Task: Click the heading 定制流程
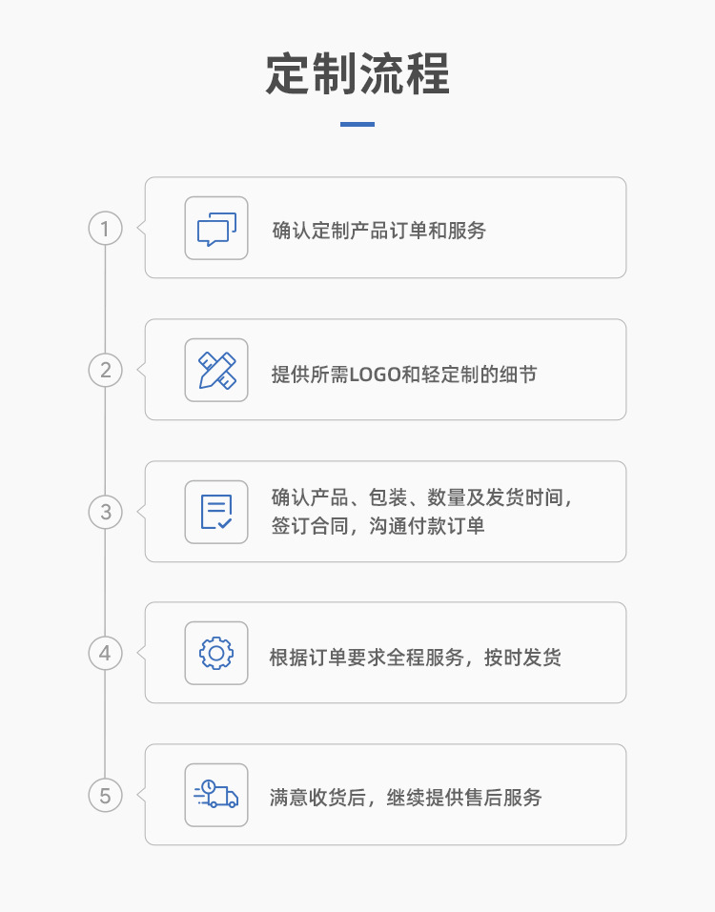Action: (x=357, y=74)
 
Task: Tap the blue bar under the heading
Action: (x=357, y=124)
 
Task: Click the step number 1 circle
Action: (x=105, y=229)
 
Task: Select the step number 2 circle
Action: (x=105, y=370)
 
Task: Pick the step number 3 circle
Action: (x=105, y=512)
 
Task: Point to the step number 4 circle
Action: (x=105, y=653)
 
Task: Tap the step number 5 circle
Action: (x=105, y=795)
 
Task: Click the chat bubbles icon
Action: (x=216, y=229)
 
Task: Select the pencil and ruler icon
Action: (x=216, y=370)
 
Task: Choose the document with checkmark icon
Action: (x=216, y=512)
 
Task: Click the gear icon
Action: (x=216, y=653)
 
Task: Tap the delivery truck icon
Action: (x=216, y=795)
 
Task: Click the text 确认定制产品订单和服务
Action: (x=378, y=231)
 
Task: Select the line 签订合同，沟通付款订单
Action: (x=378, y=526)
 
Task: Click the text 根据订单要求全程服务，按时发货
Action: (x=415, y=658)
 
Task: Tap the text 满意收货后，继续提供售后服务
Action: (x=406, y=798)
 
